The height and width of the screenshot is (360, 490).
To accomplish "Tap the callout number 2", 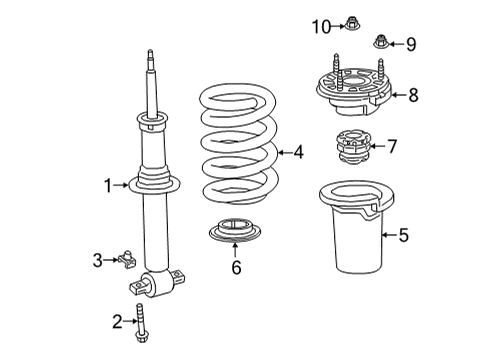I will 117,321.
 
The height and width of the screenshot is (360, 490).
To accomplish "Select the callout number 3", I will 98,261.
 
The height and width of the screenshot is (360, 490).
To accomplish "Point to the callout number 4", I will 298,153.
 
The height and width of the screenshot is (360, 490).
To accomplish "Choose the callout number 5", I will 403,236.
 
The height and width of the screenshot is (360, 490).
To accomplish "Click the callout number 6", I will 236,268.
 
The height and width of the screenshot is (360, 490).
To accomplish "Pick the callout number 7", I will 392,147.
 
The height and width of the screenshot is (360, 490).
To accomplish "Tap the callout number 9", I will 410,43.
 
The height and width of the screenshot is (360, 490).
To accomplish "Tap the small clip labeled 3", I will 126,262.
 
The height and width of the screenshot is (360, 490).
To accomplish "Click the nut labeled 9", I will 380,42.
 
